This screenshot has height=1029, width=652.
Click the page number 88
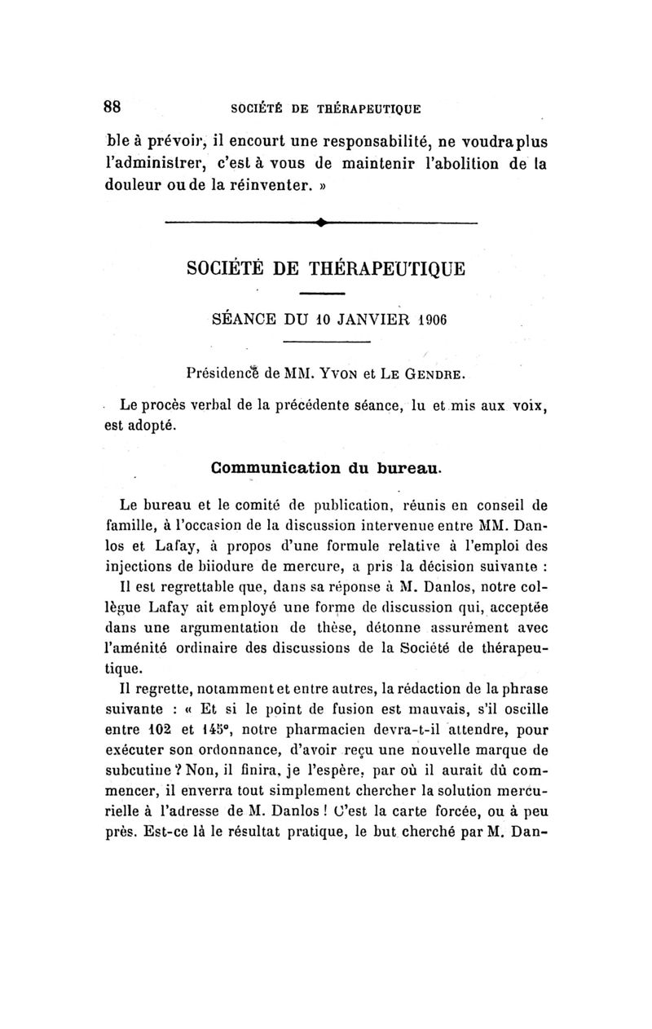coord(112,107)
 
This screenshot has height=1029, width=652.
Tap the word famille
coord(131,521)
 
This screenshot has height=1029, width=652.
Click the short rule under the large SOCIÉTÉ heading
coord(324,292)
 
